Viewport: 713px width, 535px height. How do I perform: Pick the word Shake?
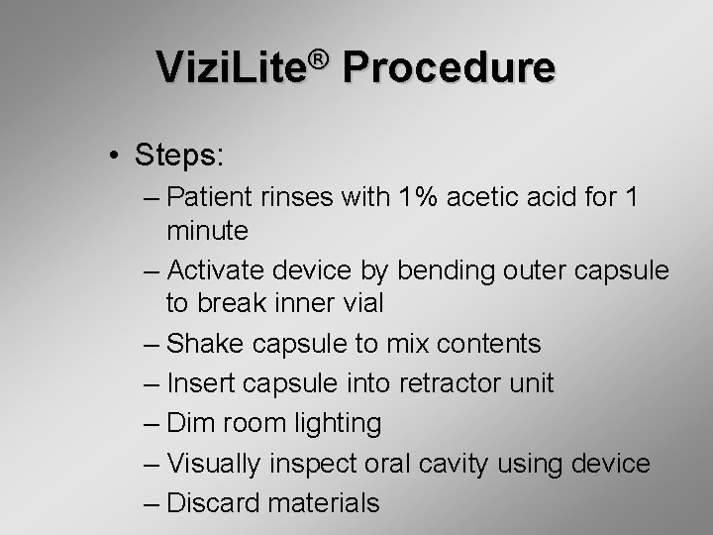point(205,344)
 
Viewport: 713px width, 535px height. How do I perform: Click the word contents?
point(485,344)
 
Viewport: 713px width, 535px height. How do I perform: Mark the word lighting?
point(332,424)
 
